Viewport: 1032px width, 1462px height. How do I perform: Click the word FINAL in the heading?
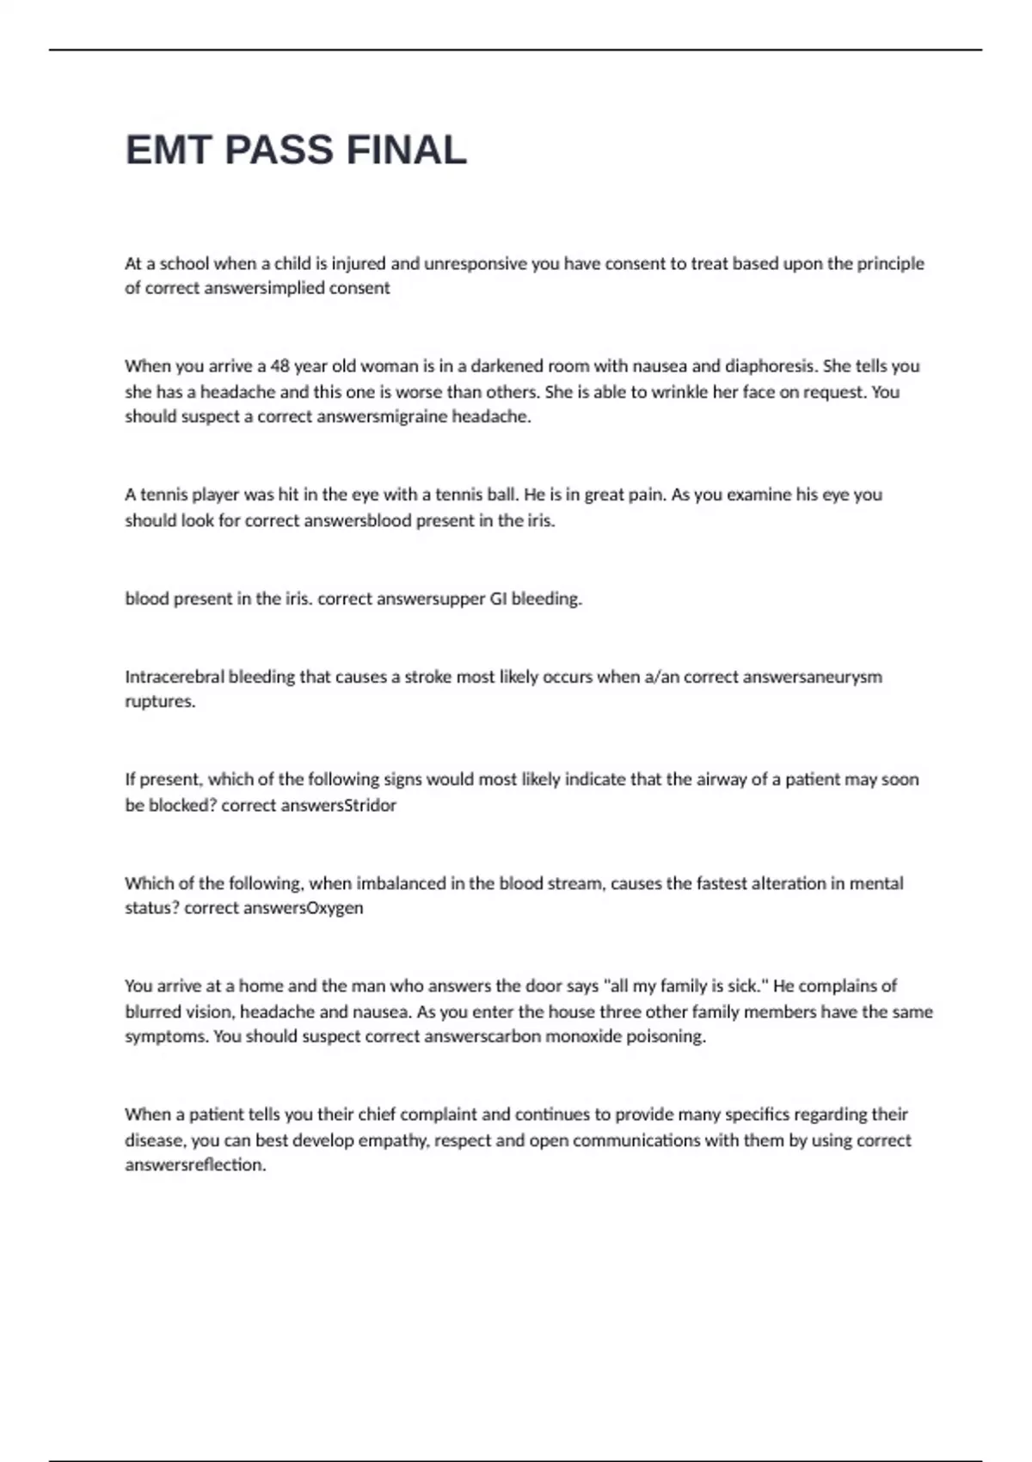406,150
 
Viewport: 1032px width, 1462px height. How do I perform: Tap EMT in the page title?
169,150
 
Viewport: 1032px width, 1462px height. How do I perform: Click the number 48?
280,366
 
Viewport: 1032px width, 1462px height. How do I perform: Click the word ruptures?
160,702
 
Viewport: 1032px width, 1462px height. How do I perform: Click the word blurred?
151,1012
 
